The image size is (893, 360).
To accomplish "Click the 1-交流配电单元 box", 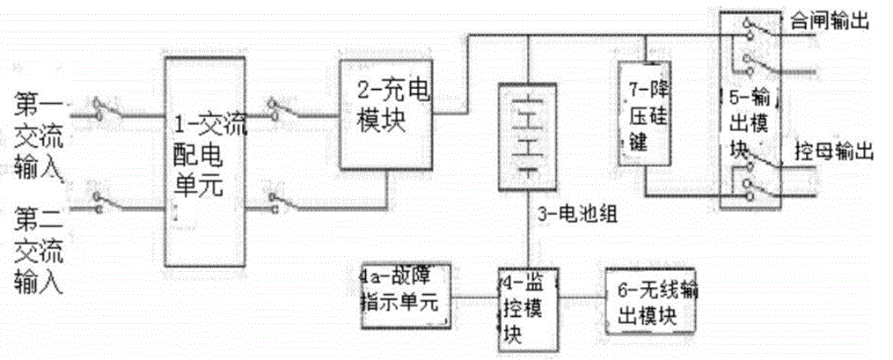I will click(x=207, y=158).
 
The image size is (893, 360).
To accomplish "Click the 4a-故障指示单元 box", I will click(x=405, y=291).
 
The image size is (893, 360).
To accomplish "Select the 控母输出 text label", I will click(x=831, y=151).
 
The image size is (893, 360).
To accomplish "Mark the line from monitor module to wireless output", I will click(x=581, y=298).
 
